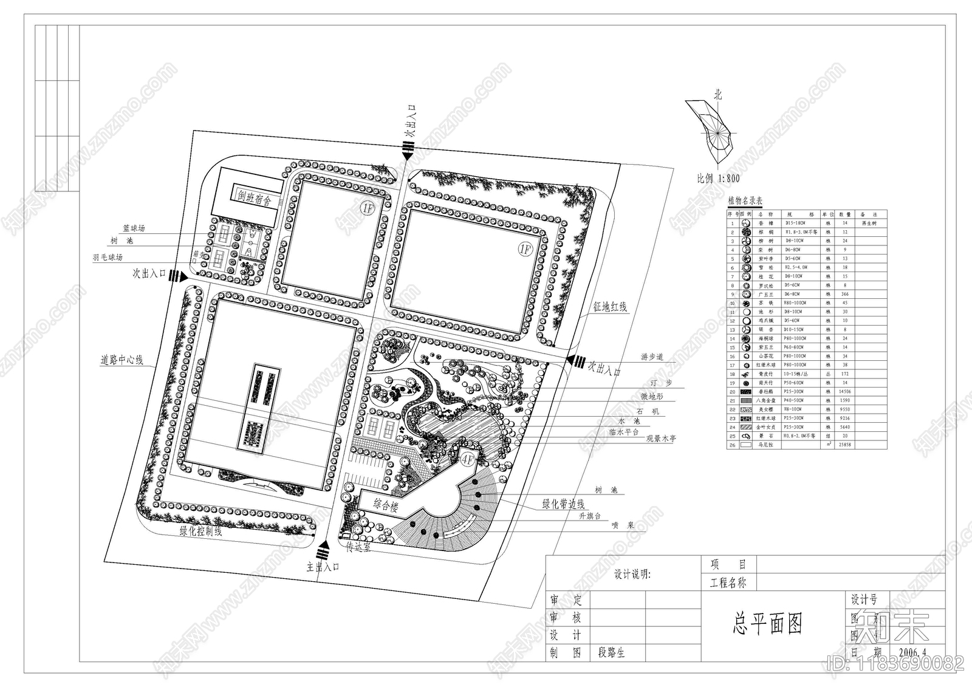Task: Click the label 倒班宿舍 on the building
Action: tap(254, 199)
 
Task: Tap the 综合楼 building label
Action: tap(385, 505)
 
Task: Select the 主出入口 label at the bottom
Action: tap(322, 567)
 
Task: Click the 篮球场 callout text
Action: tap(134, 229)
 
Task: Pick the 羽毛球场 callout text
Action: tap(108, 258)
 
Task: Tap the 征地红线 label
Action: tap(611, 308)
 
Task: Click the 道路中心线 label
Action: tap(122, 360)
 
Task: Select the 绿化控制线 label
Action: tap(200, 531)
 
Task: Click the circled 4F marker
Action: tap(468, 459)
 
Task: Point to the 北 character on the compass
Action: tap(718, 95)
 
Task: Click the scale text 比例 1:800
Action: tap(719, 179)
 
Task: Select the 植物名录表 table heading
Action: tap(745, 201)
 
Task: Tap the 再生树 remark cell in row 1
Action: tap(870, 224)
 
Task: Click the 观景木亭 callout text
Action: tap(660, 439)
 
